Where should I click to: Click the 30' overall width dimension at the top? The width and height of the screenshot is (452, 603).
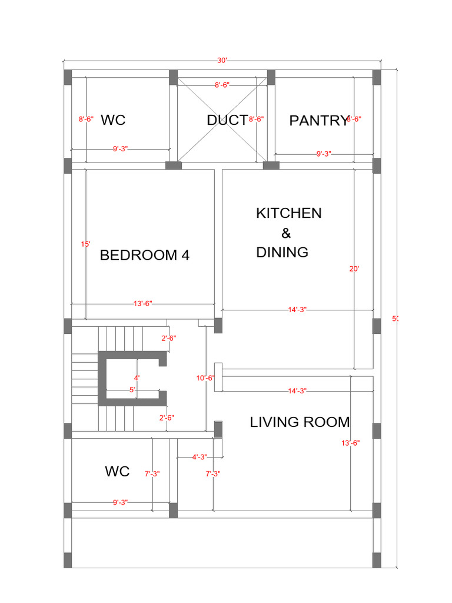(222, 61)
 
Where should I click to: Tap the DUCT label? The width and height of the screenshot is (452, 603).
(227, 120)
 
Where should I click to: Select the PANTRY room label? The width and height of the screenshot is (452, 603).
(319, 121)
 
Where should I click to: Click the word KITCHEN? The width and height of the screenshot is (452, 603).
(289, 213)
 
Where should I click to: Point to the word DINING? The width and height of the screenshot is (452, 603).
(282, 252)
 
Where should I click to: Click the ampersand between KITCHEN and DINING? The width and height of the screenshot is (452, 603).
(287, 233)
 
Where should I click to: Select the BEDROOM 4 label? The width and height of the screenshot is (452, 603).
(145, 255)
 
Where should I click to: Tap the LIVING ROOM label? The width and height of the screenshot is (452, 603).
(300, 422)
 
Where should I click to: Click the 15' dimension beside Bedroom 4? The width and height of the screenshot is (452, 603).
(85, 244)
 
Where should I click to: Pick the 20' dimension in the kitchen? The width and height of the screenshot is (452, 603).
(354, 269)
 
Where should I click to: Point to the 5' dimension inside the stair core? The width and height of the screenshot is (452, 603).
(132, 390)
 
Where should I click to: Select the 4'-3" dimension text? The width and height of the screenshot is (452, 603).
(200, 456)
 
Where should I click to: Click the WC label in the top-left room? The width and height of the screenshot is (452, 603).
(113, 120)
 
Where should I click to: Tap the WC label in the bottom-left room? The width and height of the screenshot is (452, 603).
(117, 471)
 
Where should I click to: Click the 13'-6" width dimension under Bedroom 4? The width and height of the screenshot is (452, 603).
(142, 303)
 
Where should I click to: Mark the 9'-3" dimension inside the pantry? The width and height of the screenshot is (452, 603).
(324, 154)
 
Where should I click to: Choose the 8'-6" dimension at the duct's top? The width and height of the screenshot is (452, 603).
(221, 85)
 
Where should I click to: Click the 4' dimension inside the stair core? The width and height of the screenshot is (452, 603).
(137, 377)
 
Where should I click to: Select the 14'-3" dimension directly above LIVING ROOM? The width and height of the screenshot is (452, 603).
(297, 390)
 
